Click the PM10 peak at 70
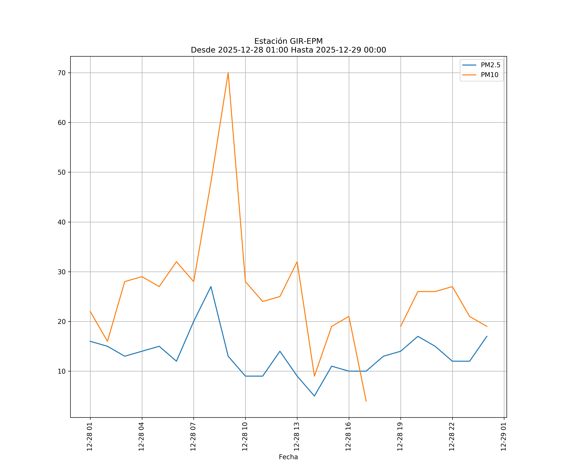click(x=228, y=73)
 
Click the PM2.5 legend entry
click(x=490, y=65)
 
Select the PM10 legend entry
click(x=489, y=75)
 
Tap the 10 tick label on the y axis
click(x=62, y=371)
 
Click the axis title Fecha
click(x=288, y=457)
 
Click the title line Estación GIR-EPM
click(x=288, y=41)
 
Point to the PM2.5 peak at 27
click(x=211, y=287)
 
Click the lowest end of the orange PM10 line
click(x=366, y=401)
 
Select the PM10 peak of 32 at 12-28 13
click(x=297, y=262)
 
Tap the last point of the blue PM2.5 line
click(x=487, y=336)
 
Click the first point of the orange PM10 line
click(x=90, y=311)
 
